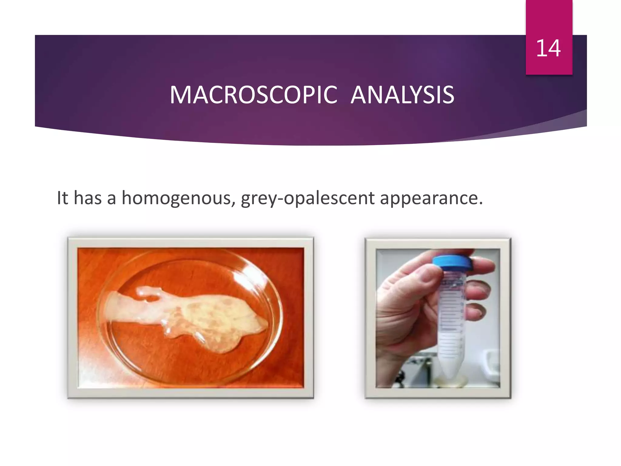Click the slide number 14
pos(548,48)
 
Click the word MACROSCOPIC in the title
pos(253,95)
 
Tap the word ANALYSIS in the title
pos(402,95)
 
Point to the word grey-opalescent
pos(307,198)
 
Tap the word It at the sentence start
pos(62,198)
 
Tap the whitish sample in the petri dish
pos(212,319)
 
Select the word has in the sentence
pos(88,198)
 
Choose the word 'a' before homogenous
pos(111,198)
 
